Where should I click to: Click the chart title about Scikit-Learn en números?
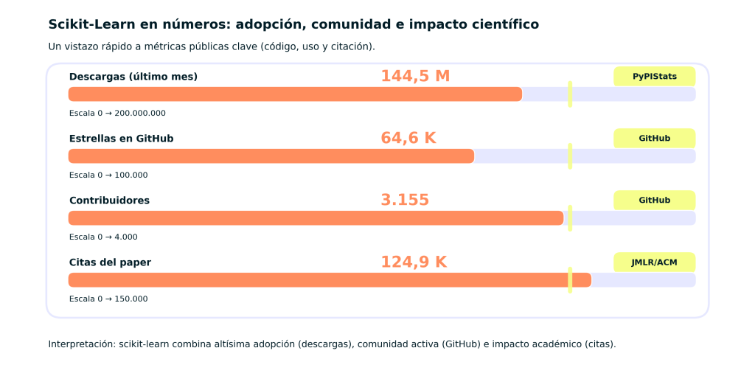[x=293, y=24]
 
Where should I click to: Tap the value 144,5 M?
[x=415, y=76]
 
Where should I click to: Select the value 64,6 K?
[x=408, y=138]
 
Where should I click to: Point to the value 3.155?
[x=405, y=200]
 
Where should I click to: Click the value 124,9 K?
[x=414, y=262]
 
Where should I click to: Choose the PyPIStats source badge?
[x=655, y=76]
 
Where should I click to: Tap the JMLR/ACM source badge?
[x=655, y=262]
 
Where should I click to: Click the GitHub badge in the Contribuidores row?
[x=655, y=200]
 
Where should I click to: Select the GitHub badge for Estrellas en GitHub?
[x=655, y=138]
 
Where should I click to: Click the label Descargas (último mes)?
[x=133, y=77]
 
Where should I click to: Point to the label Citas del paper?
[x=110, y=262]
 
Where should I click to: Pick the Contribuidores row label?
[x=109, y=201]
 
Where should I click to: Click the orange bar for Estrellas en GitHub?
[x=271, y=156]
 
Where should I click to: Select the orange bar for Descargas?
[x=295, y=94]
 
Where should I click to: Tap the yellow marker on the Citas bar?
[x=570, y=280]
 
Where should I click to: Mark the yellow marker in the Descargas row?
[x=570, y=94]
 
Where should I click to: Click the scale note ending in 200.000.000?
[x=117, y=114]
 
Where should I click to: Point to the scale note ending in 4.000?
[x=103, y=237]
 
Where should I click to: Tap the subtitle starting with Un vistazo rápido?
[x=212, y=46]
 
